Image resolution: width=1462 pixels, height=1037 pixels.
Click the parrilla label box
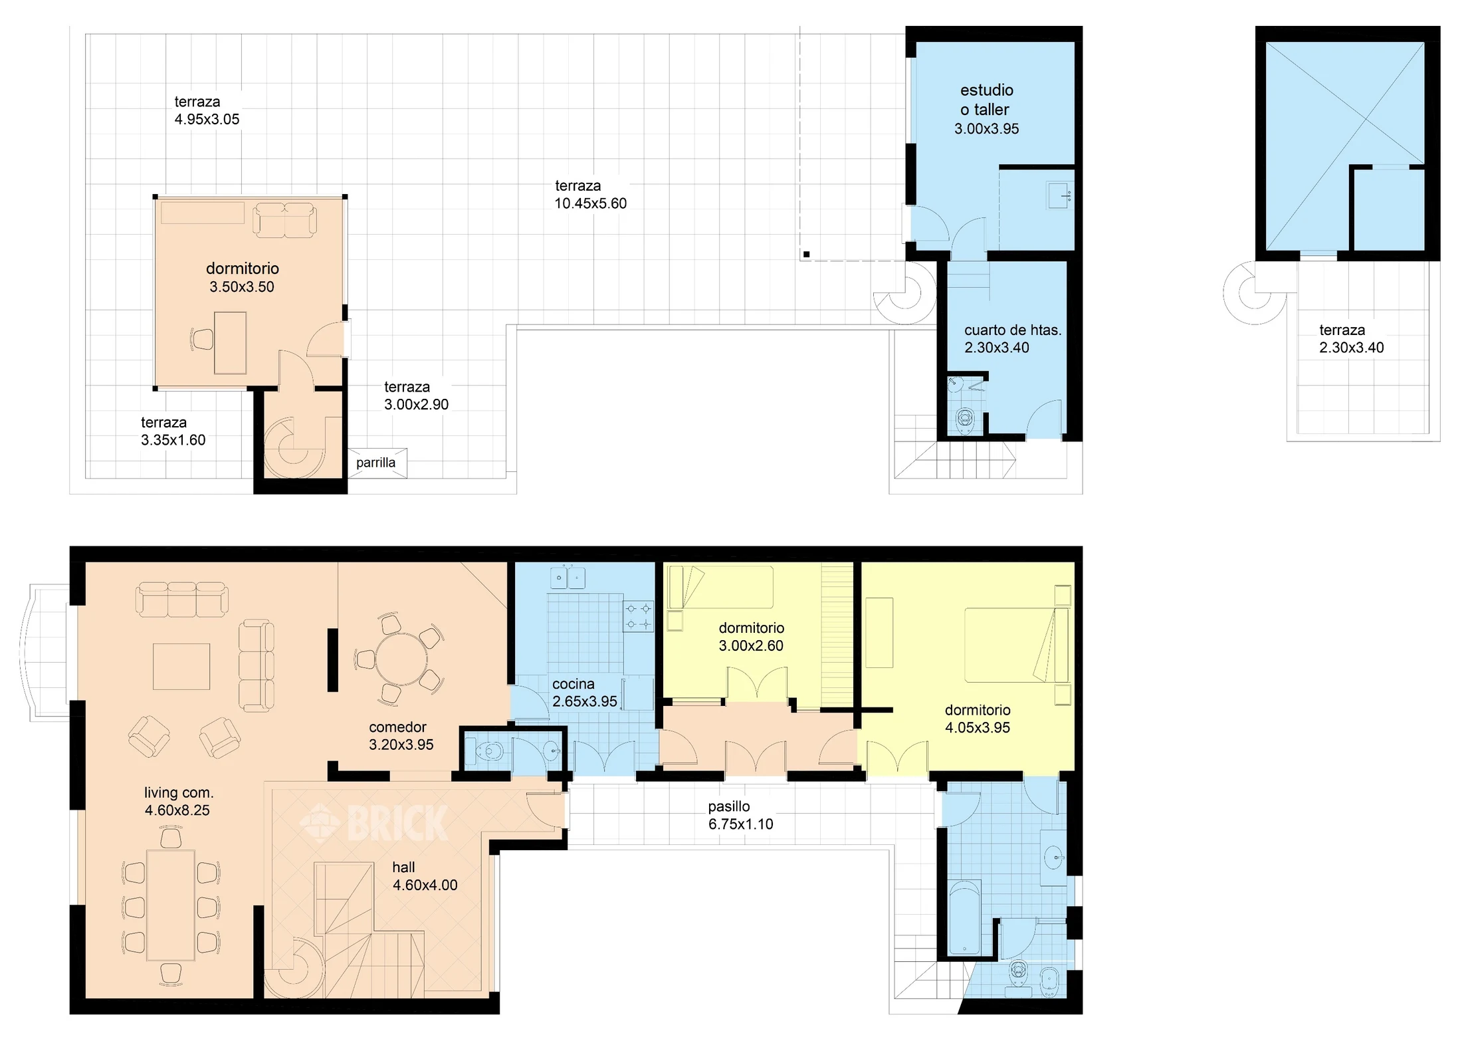(x=377, y=463)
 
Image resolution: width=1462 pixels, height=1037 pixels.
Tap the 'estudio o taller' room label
(x=987, y=100)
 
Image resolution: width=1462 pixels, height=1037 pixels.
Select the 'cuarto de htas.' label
(x=1013, y=330)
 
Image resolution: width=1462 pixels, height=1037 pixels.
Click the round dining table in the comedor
(x=401, y=659)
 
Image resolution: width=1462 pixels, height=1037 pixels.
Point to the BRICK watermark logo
(x=373, y=823)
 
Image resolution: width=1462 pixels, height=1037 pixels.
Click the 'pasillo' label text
(x=729, y=806)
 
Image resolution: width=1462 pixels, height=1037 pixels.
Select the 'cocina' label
(x=574, y=684)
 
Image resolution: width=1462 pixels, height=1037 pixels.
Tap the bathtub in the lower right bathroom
(x=964, y=918)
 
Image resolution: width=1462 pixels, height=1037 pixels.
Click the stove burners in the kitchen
(x=638, y=616)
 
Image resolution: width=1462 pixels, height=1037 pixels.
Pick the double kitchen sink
(x=567, y=577)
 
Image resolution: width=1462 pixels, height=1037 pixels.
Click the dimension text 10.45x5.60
(x=591, y=203)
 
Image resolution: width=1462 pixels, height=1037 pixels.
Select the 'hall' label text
(x=403, y=867)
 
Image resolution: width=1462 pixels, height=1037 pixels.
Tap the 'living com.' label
(x=179, y=792)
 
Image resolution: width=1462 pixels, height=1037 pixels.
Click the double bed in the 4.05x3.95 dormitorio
(x=1017, y=645)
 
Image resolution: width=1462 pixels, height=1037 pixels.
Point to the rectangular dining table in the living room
(x=171, y=905)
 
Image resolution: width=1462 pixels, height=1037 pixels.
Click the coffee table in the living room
(x=181, y=666)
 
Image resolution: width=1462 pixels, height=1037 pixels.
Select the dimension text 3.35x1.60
(x=173, y=440)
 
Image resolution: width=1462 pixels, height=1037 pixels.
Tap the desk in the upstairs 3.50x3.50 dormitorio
(x=230, y=343)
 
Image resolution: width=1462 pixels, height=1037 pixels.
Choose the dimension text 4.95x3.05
(x=207, y=120)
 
